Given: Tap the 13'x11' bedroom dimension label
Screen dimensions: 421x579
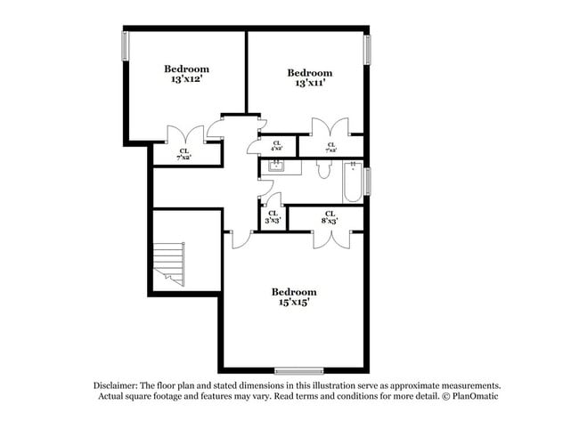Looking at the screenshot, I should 310,84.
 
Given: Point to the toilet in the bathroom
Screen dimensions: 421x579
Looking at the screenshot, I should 323,168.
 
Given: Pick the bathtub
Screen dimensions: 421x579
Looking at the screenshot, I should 353,182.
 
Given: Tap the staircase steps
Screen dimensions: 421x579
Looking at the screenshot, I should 169,264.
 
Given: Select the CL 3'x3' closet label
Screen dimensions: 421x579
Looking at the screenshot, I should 273,217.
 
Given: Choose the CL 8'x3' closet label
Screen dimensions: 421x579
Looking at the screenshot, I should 330,216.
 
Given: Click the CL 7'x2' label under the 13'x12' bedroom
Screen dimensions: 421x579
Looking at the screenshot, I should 184,155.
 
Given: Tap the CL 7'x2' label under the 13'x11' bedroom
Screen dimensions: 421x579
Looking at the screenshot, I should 331,147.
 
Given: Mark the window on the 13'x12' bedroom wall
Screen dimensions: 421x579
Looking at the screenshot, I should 125,46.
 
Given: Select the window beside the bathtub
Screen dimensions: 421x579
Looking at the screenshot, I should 367,180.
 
